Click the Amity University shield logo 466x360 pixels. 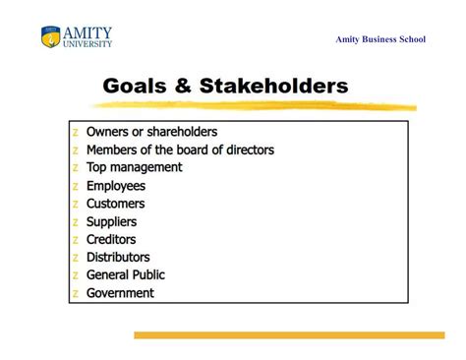click(50, 37)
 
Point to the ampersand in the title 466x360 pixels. click(184, 87)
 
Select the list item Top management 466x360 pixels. click(134, 167)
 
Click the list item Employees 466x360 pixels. click(115, 186)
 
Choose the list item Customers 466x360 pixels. click(115, 204)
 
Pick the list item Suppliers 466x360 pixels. click(111, 221)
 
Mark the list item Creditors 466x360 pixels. click(111, 239)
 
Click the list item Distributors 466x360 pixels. click(118, 257)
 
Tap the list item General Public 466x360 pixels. click(126, 274)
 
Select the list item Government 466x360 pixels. click(120, 292)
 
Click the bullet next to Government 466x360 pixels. click(75, 293)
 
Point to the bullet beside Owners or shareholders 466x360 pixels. click(75, 133)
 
